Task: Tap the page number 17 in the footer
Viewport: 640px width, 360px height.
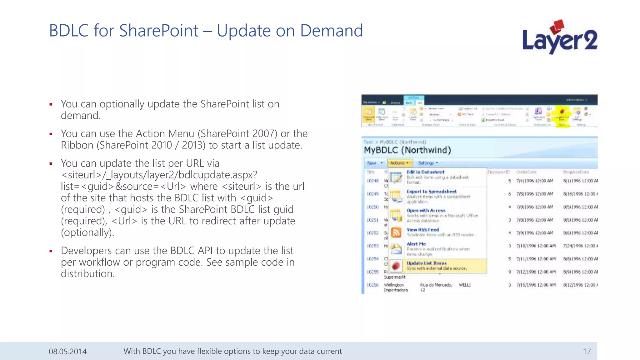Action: tap(587, 352)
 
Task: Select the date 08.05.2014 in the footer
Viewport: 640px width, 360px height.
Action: tap(67, 352)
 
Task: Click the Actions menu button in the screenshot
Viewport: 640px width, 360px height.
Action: tap(399, 163)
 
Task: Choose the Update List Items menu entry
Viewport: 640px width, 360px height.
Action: tap(426, 263)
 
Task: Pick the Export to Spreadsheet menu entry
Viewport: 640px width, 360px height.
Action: tap(431, 192)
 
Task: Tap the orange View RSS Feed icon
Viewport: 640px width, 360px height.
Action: tap(396, 232)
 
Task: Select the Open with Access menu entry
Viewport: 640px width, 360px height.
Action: tap(426, 211)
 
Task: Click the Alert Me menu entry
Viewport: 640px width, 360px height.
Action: tap(416, 244)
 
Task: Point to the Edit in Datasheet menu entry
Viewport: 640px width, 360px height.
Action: tap(425, 172)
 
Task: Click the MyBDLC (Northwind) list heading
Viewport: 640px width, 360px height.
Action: tap(407, 150)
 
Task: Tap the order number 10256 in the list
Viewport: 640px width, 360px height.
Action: tap(372, 285)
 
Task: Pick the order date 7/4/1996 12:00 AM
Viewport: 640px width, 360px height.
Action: tap(534, 181)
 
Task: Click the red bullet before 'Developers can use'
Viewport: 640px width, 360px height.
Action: tap(51, 251)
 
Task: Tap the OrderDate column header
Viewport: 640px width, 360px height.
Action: tap(526, 172)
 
